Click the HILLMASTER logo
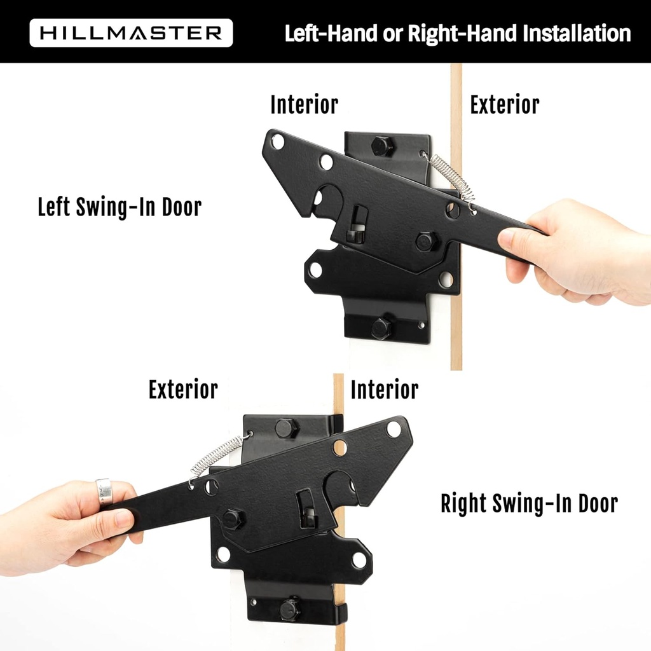point(131,33)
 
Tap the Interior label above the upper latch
point(304,105)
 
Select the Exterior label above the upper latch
point(504,105)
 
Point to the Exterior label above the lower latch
point(183,390)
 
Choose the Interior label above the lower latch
point(384,390)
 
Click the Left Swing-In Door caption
point(120,207)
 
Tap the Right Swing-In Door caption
point(529,504)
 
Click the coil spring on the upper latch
point(452,177)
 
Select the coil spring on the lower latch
point(216,456)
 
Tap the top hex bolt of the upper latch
point(382,146)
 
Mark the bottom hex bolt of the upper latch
point(381,328)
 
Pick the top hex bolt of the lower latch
point(285,428)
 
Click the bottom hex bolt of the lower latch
point(290,608)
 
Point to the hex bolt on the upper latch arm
point(426,241)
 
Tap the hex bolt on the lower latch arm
point(232,519)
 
